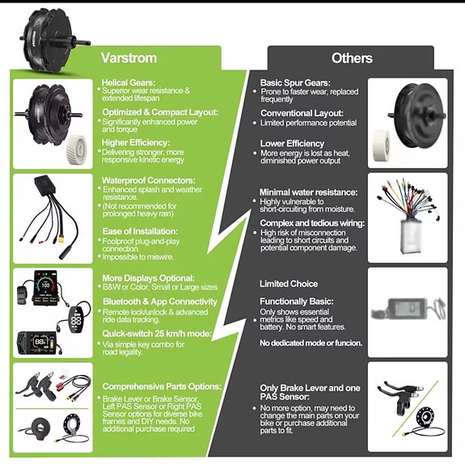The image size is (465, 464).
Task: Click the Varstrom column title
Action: click(x=129, y=57)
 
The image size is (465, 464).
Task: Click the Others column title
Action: click(x=352, y=58)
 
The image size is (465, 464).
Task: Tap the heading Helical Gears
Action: click(x=129, y=82)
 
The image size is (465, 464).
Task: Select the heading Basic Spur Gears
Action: click(x=295, y=82)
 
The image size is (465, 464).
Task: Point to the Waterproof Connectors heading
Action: click(x=149, y=180)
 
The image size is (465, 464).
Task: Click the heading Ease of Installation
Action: click(x=140, y=231)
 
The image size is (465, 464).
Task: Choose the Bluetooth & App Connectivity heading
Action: click(x=160, y=302)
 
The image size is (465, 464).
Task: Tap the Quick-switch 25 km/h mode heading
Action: click(x=157, y=334)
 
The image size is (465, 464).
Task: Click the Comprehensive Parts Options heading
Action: click(x=162, y=386)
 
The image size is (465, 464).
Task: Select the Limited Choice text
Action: click(x=289, y=284)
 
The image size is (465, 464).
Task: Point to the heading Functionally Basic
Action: click(x=297, y=302)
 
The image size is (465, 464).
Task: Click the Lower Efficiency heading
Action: click(x=292, y=144)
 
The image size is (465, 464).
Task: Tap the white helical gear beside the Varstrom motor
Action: click(x=77, y=149)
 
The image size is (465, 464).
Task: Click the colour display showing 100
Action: click(x=45, y=288)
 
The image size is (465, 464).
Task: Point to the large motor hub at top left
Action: click(x=50, y=40)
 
